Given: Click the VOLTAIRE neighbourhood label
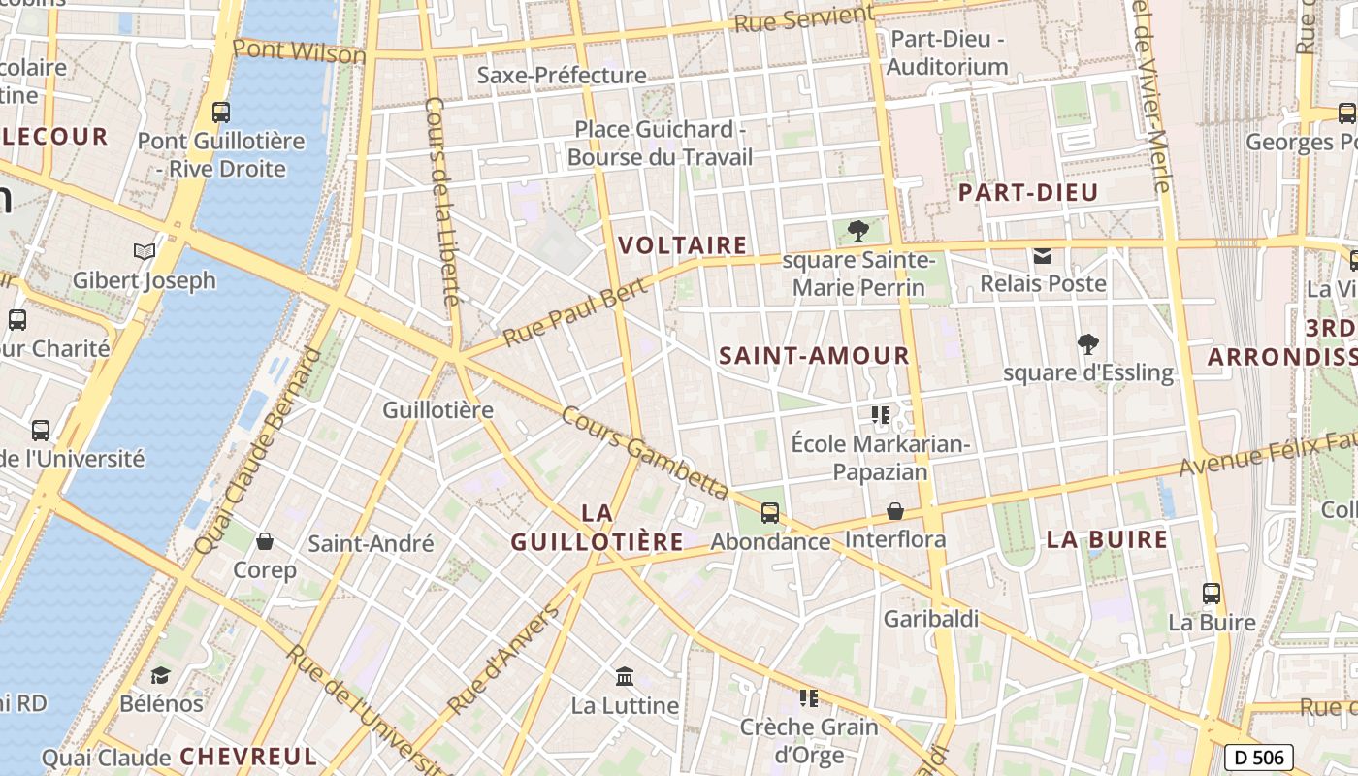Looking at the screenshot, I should [x=683, y=245].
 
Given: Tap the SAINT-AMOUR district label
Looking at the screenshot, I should [x=815, y=356].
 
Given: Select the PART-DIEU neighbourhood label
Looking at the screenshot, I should [x=1028, y=192].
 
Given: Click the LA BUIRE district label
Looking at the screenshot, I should [x=1107, y=540].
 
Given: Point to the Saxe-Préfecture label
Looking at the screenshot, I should [x=563, y=76].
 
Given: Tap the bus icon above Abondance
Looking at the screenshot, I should [x=770, y=512].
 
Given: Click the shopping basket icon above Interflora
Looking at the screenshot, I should [x=895, y=510].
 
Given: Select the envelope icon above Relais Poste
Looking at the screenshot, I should [x=1043, y=256].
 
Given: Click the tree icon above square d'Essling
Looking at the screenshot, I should [x=1088, y=343].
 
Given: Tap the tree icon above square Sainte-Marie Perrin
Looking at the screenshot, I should [x=857, y=231].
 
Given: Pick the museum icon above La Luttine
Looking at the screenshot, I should [x=625, y=675].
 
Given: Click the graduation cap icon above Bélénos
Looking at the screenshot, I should [x=161, y=674].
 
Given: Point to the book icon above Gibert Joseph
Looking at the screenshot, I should [x=145, y=252].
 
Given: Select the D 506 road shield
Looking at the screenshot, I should [x=1258, y=758].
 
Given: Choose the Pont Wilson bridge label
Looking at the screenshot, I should [x=299, y=49].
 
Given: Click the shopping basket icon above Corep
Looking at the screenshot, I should [x=265, y=540].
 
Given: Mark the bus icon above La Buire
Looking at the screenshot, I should [x=1212, y=593].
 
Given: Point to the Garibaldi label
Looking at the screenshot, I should [x=931, y=619].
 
